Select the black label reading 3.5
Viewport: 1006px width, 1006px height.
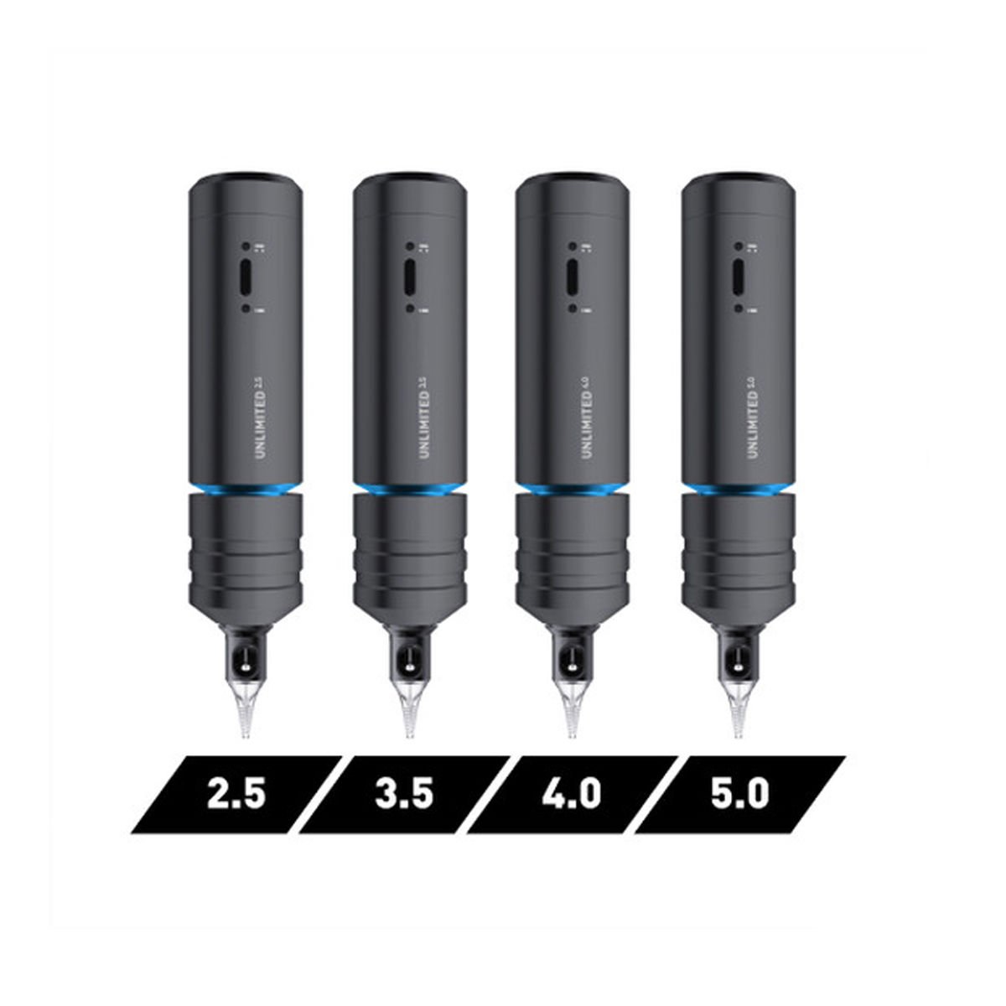coord(404,794)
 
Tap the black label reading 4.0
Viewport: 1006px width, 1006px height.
coord(571,794)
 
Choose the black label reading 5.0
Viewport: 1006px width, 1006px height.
coord(739,794)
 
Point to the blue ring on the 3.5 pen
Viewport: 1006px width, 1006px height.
coord(409,489)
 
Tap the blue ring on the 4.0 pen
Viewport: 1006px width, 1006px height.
coord(572,489)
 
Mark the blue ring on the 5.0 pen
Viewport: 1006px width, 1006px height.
coord(738,489)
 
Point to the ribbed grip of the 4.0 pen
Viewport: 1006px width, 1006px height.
coord(573,557)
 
